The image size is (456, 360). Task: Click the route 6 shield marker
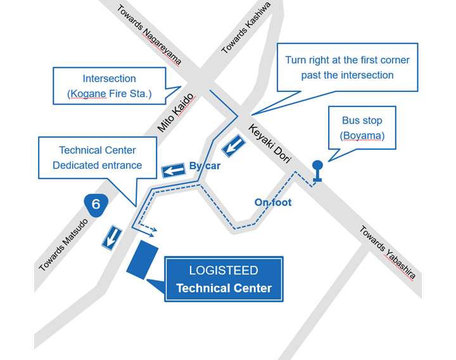[x=96, y=204]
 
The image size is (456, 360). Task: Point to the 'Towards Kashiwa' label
[x=246, y=27]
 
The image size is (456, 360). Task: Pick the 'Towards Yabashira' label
[x=388, y=252]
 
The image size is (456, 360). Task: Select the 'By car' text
[x=205, y=166]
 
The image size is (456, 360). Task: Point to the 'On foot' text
[x=272, y=202]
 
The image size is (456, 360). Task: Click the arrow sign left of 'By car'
[x=173, y=170]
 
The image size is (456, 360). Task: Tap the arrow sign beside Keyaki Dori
[x=233, y=146]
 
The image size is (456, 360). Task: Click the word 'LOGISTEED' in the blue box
[x=224, y=271]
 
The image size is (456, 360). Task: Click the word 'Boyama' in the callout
[x=362, y=136]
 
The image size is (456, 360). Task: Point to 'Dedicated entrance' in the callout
[x=97, y=165]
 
